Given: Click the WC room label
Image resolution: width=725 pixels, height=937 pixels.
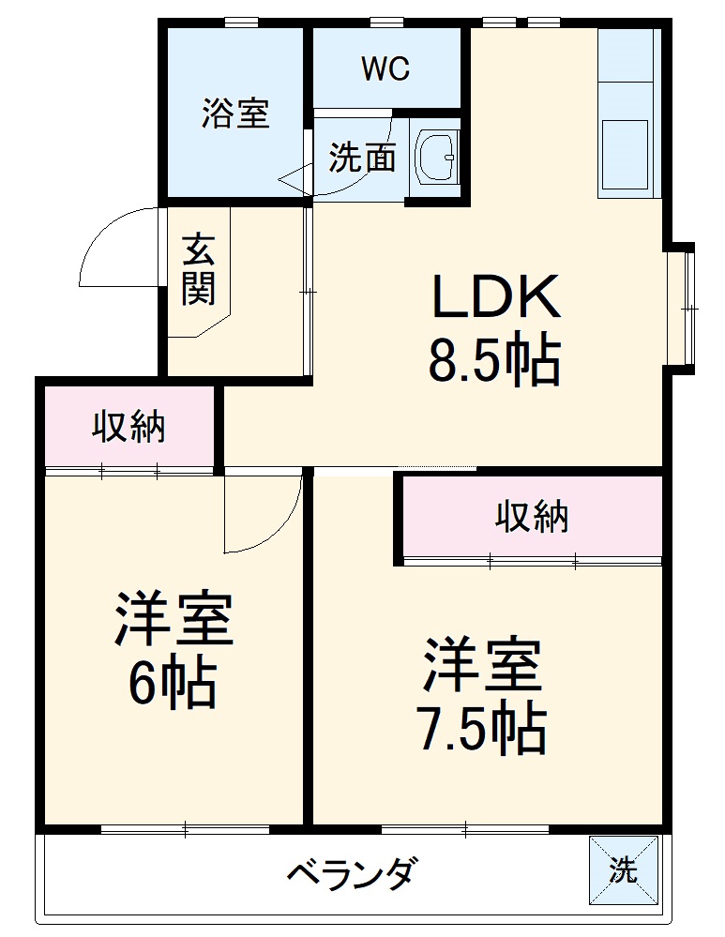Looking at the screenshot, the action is (x=385, y=68).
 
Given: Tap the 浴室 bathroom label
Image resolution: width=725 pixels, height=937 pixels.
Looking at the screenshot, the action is (x=234, y=113).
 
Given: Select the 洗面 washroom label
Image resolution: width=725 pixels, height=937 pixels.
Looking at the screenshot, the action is (x=362, y=158).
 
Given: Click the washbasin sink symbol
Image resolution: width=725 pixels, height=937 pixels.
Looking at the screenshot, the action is (x=437, y=157).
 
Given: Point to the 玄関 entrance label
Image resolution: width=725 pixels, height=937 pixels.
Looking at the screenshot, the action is (x=199, y=269).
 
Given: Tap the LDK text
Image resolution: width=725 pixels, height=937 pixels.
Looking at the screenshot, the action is (x=495, y=295).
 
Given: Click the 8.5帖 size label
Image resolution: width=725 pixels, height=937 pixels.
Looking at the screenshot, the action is (x=494, y=360).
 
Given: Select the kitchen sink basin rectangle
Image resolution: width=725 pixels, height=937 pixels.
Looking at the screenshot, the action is (x=625, y=155).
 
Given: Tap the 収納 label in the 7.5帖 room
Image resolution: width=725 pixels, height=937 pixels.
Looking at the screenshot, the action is (x=532, y=516).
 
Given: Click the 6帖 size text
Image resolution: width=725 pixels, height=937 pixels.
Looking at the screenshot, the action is (x=173, y=683).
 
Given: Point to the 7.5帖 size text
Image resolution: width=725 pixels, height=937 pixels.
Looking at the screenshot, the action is (x=483, y=729).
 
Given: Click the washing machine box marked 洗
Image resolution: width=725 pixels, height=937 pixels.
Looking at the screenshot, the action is (x=624, y=869).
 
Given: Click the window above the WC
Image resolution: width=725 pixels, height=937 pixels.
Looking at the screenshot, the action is (x=386, y=23).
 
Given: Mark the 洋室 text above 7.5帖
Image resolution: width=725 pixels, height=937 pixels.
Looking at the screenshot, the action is (x=482, y=664).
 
